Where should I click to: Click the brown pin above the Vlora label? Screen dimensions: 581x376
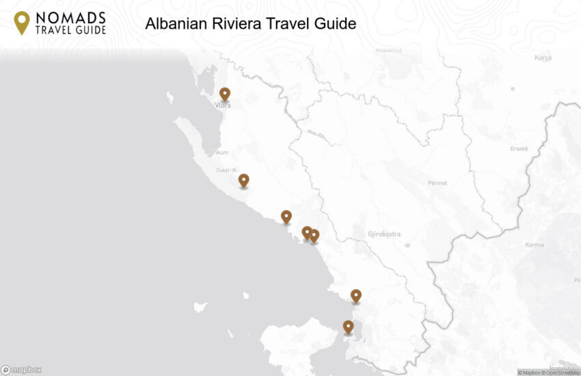[x=224, y=94]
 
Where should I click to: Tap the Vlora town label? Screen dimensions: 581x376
[x=223, y=105]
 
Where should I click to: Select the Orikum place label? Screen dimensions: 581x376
[x=219, y=153]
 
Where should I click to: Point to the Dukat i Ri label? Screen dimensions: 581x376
[x=226, y=170]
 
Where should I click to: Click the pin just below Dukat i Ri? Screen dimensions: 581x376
[x=243, y=180]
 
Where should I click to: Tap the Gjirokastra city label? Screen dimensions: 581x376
[x=384, y=234]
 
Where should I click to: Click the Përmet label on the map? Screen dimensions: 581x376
[x=437, y=183]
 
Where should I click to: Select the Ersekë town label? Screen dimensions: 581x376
[x=519, y=149]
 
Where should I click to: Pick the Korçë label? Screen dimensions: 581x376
[x=543, y=58]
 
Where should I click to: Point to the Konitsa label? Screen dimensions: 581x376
[x=535, y=245]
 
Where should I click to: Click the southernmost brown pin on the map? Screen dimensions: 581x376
[x=348, y=327]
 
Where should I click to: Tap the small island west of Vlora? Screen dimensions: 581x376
[x=170, y=97]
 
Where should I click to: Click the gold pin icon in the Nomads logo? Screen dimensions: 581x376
[x=22, y=23]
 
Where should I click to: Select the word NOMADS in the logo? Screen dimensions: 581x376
[x=70, y=17]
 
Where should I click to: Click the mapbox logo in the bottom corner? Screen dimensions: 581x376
[x=21, y=370]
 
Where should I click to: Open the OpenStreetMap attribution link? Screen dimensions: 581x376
[x=564, y=373]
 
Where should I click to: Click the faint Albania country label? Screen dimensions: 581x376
[x=389, y=49]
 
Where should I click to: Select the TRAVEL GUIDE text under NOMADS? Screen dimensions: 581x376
[x=70, y=30]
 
